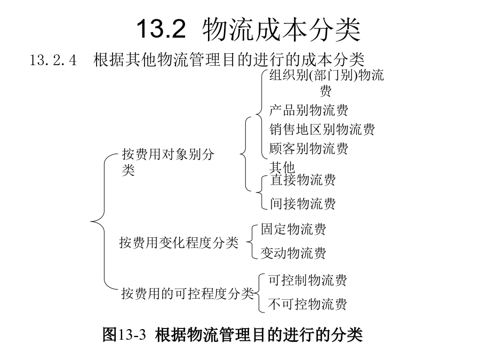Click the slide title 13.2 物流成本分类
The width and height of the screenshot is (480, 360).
[248, 29]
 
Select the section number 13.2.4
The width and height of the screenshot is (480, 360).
[53, 60]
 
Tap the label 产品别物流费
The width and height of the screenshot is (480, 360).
[309, 110]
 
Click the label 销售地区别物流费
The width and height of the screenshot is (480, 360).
[322, 130]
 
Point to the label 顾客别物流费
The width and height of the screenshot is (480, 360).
[309, 148]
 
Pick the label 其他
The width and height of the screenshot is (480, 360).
[282, 167]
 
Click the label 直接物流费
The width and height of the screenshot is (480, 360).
[303, 180]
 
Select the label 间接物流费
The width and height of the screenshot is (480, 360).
[303, 204]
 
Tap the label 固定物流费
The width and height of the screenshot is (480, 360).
[293, 229]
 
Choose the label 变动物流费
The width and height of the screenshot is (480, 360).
[293, 253]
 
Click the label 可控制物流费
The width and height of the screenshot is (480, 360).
[308, 280]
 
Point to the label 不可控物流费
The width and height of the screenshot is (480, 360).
[308, 305]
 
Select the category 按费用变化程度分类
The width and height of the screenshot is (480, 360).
[179, 243]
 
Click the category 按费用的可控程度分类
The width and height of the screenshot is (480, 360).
[188, 293]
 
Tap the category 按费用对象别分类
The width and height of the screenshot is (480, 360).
[168, 162]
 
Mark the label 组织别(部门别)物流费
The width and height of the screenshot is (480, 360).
[326, 83]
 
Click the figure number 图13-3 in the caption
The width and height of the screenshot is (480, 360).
[124, 334]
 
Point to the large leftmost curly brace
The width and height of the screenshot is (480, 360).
[104, 221]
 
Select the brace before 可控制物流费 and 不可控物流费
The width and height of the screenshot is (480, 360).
[259, 293]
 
